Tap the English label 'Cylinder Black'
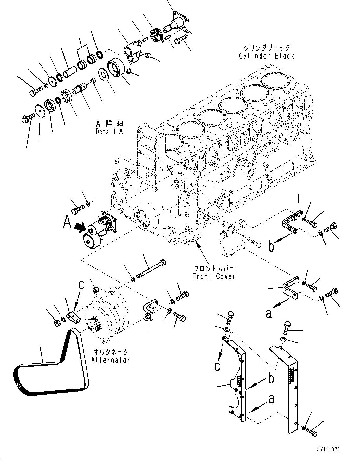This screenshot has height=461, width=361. tap(267, 56)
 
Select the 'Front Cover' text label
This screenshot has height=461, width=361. tap(214, 276)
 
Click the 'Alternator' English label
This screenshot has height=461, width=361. tap(111, 360)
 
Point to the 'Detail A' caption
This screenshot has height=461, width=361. tap(109, 131)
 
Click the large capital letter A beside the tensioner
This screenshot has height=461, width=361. tap(67, 222)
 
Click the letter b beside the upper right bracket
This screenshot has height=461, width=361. tap(271, 246)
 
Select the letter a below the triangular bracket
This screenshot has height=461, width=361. tap(268, 313)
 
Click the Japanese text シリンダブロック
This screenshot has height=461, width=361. tap(267, 48)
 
